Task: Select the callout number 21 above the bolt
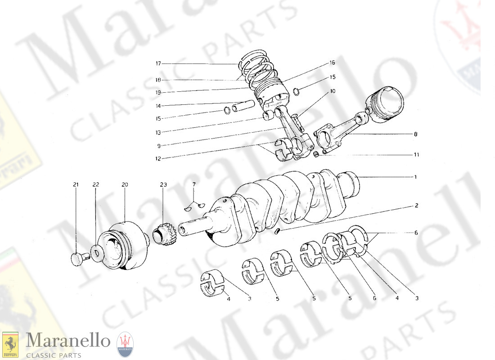coord(76,184)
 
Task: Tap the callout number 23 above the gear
coord(162,184)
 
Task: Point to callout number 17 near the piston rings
coord(158,64)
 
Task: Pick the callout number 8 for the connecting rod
coord(415,134)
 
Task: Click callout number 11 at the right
coord(416,155)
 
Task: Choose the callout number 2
coord(417,206)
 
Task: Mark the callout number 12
coord(158,158)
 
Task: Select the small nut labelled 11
coord(317,155)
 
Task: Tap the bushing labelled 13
coord(269,117)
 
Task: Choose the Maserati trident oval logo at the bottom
coord(125,345)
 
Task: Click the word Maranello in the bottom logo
coord(67,341)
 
